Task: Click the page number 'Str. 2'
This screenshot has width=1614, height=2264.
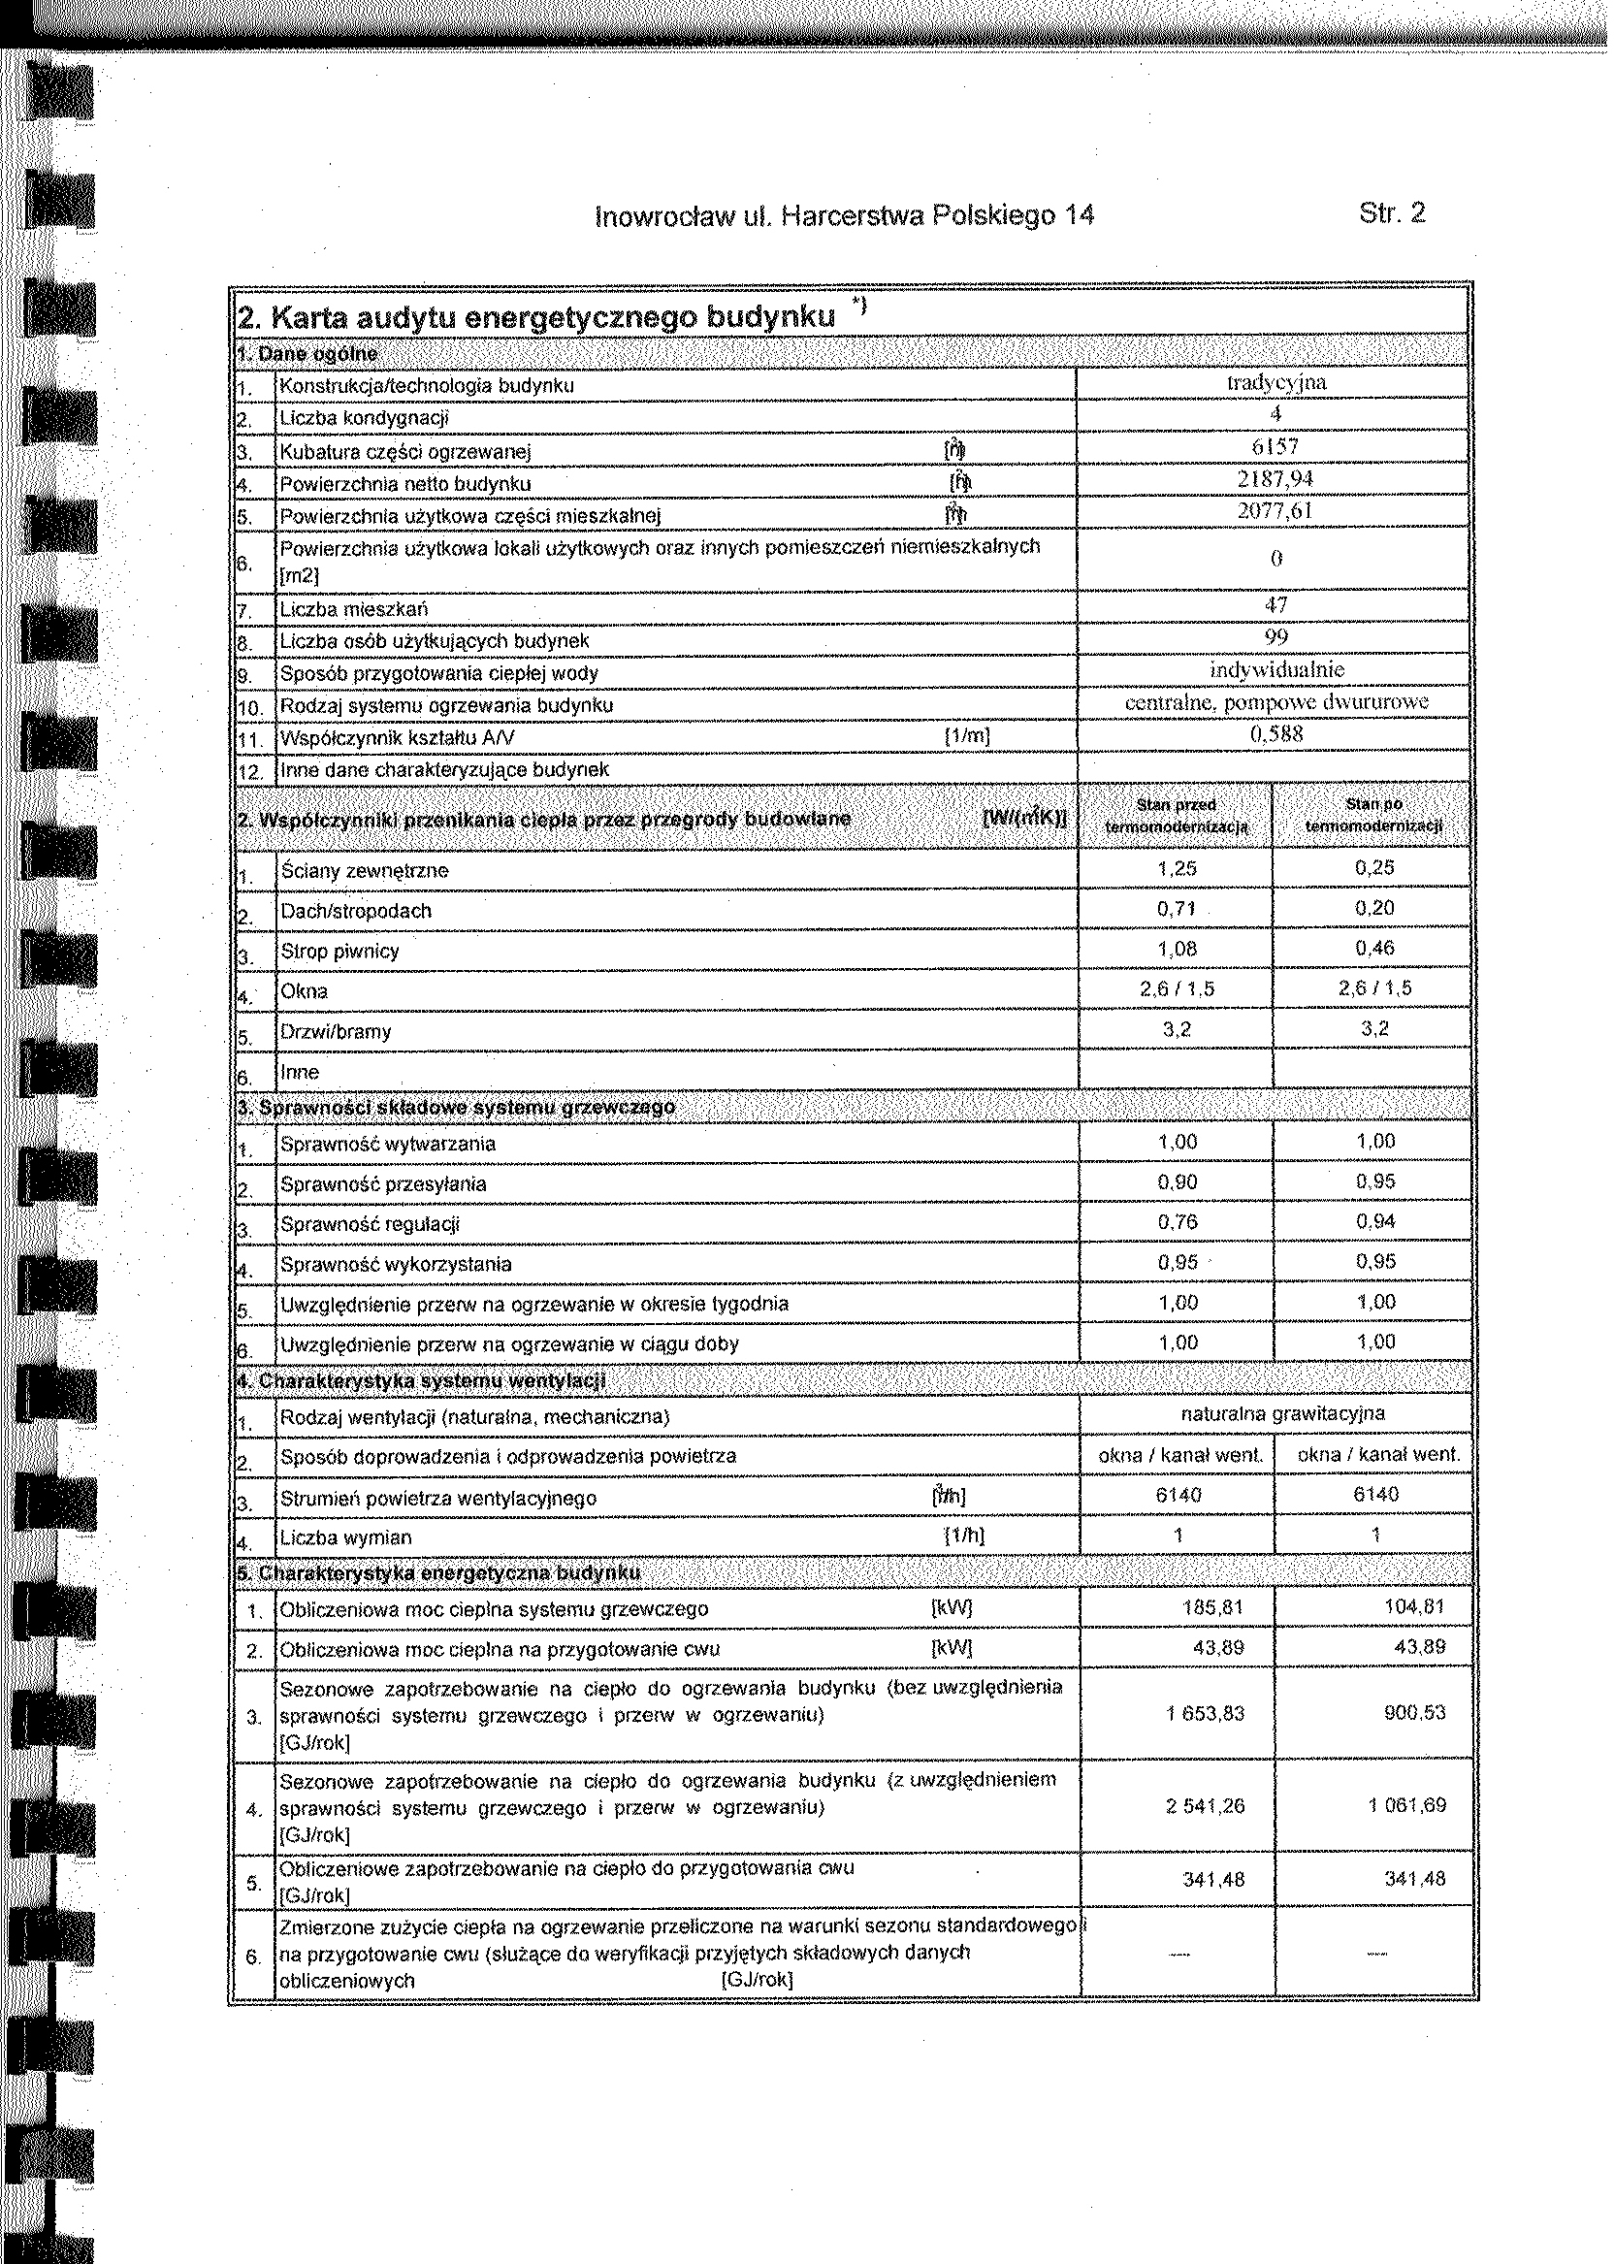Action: coord(1390,212)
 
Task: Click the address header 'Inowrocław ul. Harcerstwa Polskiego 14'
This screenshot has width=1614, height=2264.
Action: coord(844,215)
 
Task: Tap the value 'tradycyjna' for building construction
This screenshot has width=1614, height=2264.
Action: coord(1276,382)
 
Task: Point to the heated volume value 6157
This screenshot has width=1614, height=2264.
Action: coord(1276,447)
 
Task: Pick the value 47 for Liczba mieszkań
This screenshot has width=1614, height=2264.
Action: coord(1276,604)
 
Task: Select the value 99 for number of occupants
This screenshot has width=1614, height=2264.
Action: coord(1276,636)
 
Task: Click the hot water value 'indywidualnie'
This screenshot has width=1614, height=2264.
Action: coord(1277,669)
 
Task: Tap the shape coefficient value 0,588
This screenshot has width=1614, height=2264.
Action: coord(1276,733)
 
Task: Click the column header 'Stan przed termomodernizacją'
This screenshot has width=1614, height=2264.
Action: coord(1177,815)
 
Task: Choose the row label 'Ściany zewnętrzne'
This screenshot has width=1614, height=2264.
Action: coord(364,871)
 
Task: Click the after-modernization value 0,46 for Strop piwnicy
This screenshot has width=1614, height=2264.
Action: coord(1374,948)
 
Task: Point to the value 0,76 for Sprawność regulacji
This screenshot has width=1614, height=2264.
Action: coord(1178,1221)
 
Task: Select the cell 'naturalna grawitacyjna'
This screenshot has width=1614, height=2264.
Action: coord(1283,1413)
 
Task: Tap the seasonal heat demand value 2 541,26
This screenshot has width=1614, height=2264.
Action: coord(1206,1805)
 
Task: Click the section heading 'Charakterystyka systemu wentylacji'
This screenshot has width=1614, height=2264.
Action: coord(422,1381)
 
